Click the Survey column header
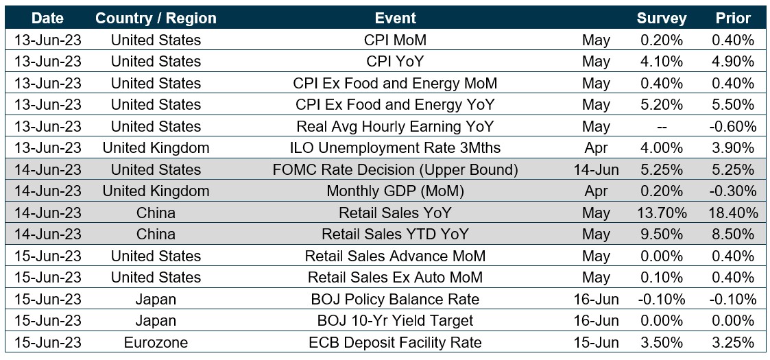point(662,18)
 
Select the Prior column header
point(733,18)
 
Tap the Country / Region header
point(156,18)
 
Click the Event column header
point(395,18)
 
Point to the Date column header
point(47,18)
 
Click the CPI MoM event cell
point(395,40)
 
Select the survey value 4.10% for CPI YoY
point(662,62)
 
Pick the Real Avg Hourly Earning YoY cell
point(395,126)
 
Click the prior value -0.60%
point(733,126)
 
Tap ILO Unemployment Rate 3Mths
point(395,148)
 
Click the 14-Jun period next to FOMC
point(596,169)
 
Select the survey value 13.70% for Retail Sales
point(662,213)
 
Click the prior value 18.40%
point(733,213)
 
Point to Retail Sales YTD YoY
point(395,234)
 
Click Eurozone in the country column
point(156,342)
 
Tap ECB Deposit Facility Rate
point(395,342)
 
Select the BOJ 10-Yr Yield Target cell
point(395,320)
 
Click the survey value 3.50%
point(662,342)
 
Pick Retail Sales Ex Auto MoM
point(395,277)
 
